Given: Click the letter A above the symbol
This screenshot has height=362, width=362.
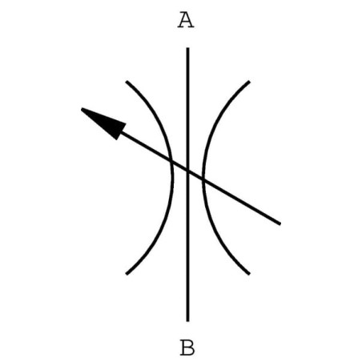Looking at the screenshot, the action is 186,20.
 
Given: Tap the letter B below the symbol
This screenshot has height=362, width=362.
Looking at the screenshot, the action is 187,348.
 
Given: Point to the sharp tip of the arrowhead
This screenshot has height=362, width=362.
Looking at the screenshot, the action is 81,108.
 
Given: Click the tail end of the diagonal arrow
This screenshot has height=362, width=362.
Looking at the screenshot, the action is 280,223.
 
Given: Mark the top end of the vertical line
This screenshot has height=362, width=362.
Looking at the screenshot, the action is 187,48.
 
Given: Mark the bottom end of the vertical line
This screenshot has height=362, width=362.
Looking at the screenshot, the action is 187,321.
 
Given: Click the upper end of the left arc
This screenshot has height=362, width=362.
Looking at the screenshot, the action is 127,81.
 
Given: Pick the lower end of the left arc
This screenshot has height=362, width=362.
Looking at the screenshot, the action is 127,274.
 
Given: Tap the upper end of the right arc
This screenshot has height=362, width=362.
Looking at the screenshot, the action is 249,81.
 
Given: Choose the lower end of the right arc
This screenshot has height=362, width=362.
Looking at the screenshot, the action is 249,274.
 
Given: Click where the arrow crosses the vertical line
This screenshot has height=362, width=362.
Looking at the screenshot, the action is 187,171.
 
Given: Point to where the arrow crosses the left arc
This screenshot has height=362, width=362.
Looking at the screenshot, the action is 171,162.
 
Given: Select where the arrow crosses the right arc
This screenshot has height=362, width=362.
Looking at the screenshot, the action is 203,180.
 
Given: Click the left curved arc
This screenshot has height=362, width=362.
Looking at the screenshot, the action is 173,178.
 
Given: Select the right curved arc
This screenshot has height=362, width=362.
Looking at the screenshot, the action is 203,178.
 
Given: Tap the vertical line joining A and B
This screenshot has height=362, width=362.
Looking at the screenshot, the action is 187,184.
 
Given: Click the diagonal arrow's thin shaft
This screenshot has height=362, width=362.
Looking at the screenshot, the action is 200,178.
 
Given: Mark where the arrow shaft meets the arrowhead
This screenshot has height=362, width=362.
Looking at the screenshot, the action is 122,132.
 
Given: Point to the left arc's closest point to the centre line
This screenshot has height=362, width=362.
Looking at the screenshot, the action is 173,178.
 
